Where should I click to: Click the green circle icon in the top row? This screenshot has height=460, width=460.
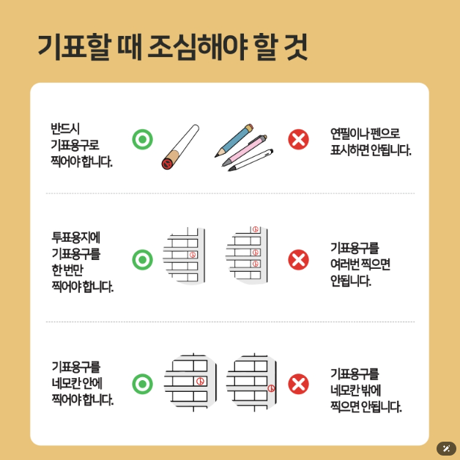tap(142, 138)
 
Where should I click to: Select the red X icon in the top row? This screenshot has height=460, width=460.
tap(298, 138)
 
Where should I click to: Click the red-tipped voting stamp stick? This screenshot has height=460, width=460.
tap(180, 147)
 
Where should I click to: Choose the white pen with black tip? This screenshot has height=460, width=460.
tap(251, 160)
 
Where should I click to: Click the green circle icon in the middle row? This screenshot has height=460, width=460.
tap(142, 259)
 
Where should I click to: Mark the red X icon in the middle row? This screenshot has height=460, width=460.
tap(298, 259)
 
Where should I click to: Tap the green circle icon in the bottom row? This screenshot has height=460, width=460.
tap(142, 383)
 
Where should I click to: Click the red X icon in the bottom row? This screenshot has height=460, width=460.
tap(298, 383)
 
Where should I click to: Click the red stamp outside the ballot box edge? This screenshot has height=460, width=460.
tap(272, 387)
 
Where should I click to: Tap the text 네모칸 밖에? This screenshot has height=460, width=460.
tap(355, 390)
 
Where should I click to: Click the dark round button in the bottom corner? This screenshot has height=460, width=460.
tap(446, 448)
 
